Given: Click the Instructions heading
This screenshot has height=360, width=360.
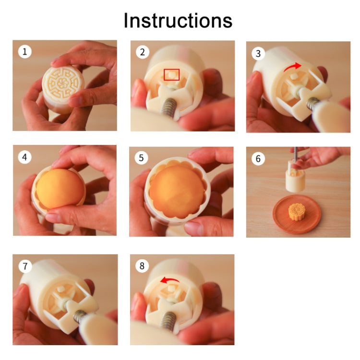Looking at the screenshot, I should pos(178,21).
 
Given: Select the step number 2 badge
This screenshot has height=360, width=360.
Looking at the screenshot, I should pos(142,52).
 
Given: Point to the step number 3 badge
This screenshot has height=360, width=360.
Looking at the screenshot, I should pos(258,53).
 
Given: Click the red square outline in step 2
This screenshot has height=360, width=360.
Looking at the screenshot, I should pos(171,74).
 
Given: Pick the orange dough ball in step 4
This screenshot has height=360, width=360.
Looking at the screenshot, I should pos(59,190).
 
